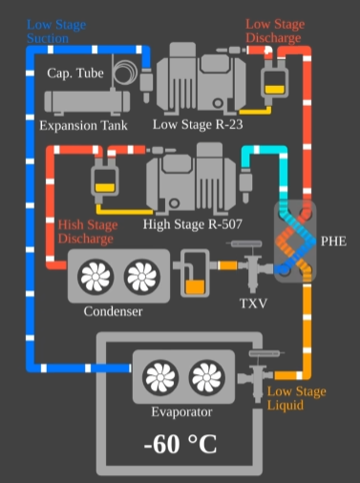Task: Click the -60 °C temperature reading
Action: click(180, 445)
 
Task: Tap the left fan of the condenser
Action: click(96, 277)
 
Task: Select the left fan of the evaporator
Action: click(160, 377)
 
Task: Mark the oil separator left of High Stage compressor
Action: click(104, 178)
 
